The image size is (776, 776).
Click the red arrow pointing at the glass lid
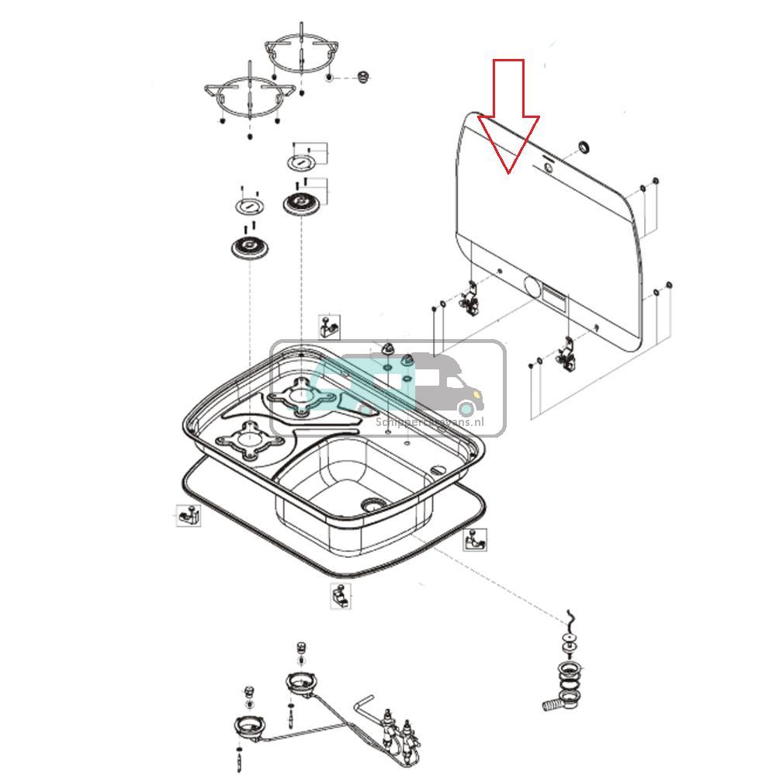508,116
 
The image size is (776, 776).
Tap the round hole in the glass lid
533,288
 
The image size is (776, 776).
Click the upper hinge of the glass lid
470,300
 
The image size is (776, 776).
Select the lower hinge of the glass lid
567,354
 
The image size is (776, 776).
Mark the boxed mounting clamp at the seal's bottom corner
339,596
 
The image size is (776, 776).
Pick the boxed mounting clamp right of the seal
476,539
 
